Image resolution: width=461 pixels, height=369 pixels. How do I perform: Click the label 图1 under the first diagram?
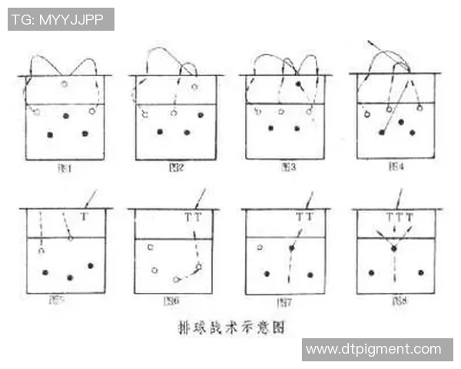65,167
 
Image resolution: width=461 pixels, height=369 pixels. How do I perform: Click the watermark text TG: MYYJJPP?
61,19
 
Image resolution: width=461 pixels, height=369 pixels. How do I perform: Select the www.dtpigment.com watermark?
373,350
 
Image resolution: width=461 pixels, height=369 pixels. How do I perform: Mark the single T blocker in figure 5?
84,217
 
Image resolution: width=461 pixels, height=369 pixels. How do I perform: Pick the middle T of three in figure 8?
398,218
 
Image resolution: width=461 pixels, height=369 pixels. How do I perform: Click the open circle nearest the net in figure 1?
65,84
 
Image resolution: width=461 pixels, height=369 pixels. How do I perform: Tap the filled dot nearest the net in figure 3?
297,82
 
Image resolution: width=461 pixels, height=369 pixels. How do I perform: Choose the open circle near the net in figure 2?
194,87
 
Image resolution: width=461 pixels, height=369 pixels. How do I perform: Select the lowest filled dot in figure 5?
70,278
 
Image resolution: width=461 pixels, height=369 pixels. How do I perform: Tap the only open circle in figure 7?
260,248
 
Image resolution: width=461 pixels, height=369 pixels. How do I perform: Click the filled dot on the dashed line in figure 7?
291,248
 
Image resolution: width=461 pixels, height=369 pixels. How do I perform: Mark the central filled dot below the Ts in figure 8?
394,248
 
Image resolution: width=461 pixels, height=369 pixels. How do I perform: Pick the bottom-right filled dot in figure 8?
420,272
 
